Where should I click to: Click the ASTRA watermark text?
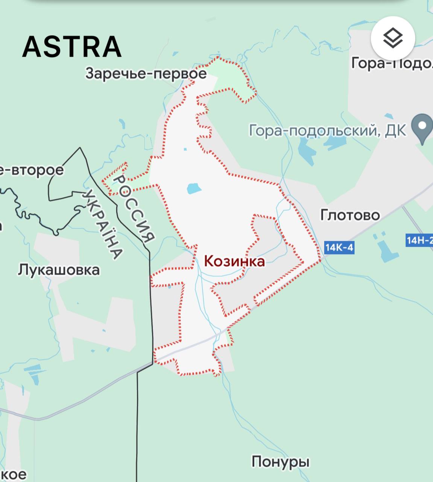point(72,47)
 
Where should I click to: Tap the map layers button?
point(393,38)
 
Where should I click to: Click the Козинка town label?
point(234,261)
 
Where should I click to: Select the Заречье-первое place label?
point(146,73)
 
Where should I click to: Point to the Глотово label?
point(350,215)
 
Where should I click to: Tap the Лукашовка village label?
point(59,270)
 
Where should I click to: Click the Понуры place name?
point(280,461)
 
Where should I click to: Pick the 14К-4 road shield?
point(339,247)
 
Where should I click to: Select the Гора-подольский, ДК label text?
point(327,131)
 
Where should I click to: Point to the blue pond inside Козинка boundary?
point(194,188)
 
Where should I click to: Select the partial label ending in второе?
point(32,170)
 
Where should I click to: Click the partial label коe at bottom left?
point(13,474)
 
